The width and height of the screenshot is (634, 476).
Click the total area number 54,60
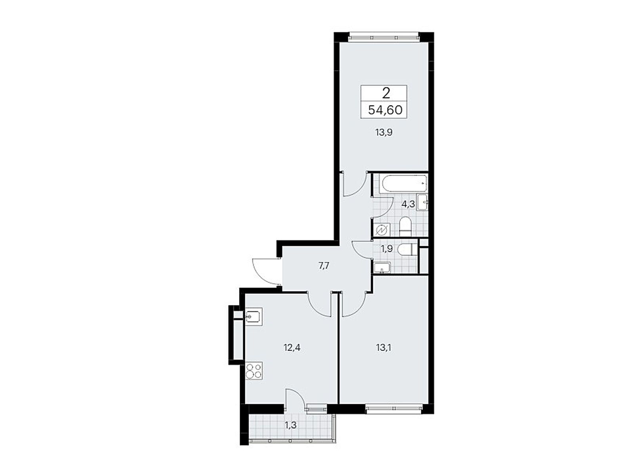385,110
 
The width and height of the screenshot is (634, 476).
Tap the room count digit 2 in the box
386,93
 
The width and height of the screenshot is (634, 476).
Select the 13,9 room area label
384,132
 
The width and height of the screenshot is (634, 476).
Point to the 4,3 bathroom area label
408,204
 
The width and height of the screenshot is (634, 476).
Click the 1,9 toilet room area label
387,249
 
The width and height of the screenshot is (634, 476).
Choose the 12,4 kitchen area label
292,348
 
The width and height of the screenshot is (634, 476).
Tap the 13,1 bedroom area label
384,348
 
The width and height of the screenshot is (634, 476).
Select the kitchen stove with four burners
254,370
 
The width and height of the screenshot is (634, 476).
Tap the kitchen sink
254,317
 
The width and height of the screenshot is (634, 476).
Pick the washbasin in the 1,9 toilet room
382,267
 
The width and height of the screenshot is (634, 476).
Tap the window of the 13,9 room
384,37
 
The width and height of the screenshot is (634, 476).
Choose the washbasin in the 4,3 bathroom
422,202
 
